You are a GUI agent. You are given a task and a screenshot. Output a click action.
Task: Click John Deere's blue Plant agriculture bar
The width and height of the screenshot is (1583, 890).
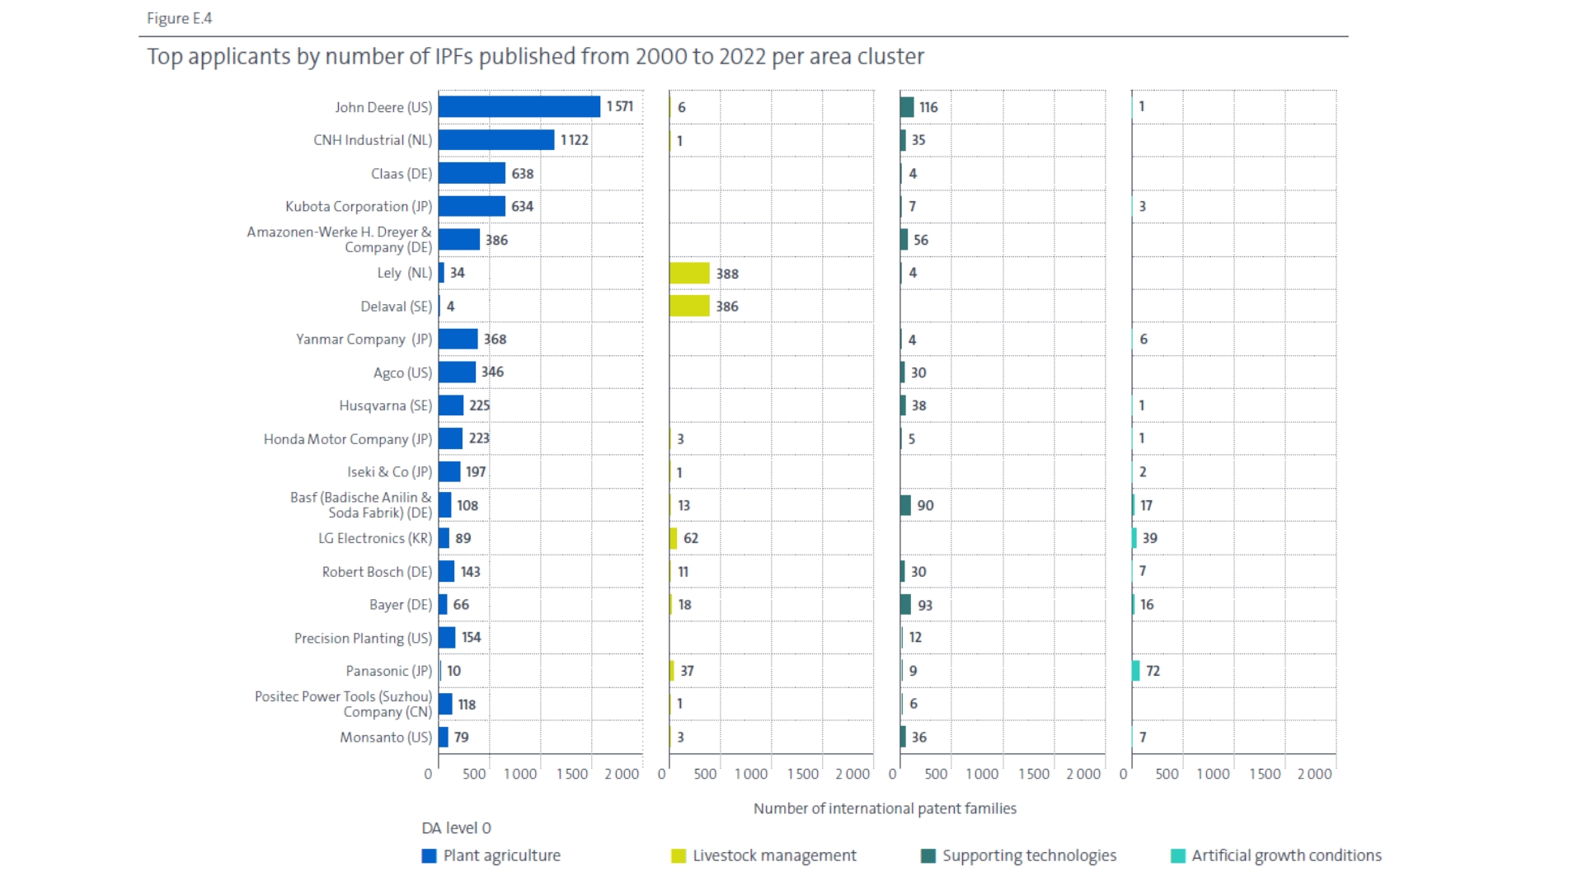pos(519,107)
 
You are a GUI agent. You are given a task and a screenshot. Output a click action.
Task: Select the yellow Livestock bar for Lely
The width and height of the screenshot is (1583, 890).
pos(689,273)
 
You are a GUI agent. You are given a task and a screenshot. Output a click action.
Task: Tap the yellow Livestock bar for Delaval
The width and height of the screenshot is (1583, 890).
pos(689,306)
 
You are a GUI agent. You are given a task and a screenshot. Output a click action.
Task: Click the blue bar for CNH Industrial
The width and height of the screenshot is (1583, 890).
pos(496,140)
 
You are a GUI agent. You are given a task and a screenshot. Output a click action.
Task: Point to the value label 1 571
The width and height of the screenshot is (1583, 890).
pos(620,106)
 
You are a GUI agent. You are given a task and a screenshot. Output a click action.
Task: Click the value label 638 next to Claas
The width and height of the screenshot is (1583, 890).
pos(523,174)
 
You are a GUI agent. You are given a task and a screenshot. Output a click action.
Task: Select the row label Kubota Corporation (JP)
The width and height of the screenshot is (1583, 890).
pos(359,207)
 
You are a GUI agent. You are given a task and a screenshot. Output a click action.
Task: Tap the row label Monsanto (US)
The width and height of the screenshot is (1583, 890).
pos(386,738)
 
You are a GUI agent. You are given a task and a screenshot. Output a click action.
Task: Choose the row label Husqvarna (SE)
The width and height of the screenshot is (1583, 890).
pos(386,405)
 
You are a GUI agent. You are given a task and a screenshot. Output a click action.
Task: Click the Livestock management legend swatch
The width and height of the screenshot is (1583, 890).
pos(679,856)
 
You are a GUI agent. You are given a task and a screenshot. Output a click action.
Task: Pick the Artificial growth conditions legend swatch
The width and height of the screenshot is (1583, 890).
pos(1178,856)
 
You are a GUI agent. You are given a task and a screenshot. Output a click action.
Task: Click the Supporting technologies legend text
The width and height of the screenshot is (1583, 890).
pos(1030,856)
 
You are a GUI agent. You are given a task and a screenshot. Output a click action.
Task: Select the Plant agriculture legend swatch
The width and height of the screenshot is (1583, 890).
pos(429,856)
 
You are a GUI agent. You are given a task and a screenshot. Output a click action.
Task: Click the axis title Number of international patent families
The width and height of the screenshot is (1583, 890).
pos(885,808)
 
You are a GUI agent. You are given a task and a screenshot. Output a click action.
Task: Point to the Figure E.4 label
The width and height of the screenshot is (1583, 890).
pos(180,18)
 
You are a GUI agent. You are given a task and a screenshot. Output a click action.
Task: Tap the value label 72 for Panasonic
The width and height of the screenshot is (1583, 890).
pos(1153,671)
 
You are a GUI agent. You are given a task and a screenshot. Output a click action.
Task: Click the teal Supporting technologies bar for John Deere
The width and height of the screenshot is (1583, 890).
pos(907,107)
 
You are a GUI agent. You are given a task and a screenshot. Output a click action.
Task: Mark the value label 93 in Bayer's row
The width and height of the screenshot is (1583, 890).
pos(925,605)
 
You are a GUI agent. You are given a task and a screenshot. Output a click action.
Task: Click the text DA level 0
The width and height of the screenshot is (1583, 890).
pos(457,828)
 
